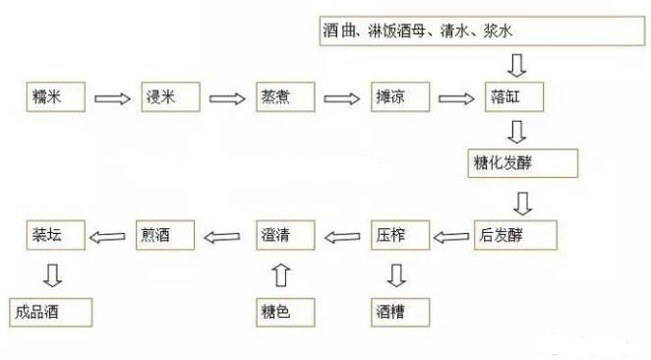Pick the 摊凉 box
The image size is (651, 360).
click(398, 97)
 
